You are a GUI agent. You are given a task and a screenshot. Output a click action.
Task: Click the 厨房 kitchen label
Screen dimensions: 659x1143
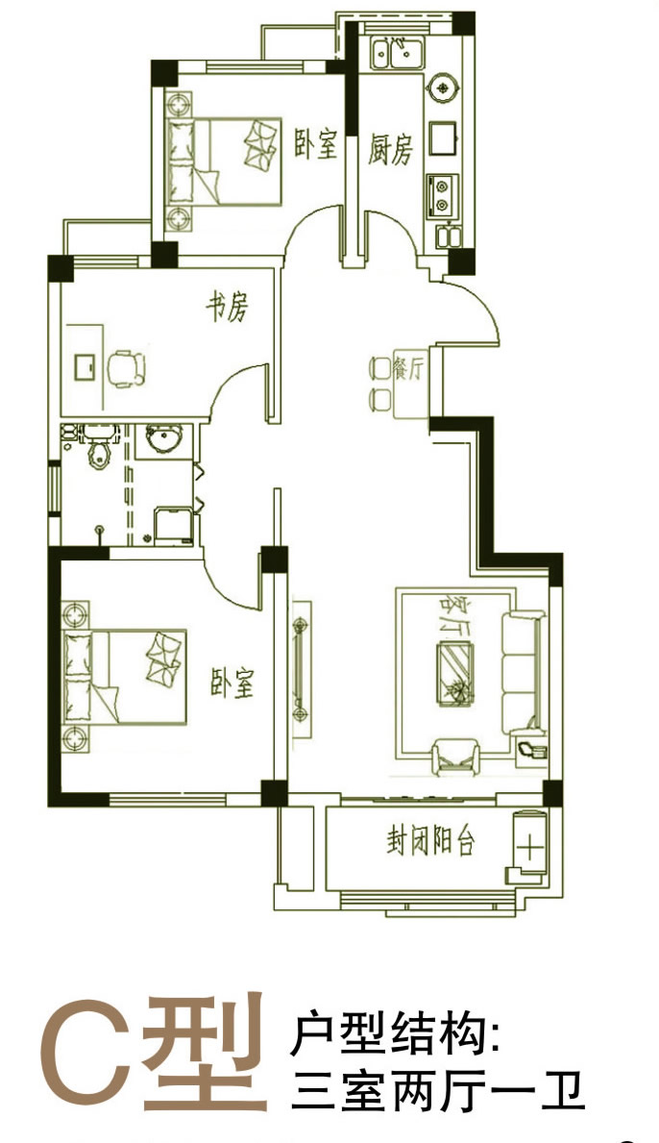pyautogui.click(x=390, y=150)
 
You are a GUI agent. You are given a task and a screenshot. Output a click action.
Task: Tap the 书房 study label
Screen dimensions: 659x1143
pyautogui.click(x=227, y=308)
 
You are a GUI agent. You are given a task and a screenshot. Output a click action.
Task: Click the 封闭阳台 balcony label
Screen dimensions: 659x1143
pyautogui.click(x=430, y=842)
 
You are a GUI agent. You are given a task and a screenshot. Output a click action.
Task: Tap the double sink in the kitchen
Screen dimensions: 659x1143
pyautogui.click(x=396, y=54)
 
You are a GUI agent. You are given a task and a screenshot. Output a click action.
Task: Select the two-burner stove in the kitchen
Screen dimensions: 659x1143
pyautogui.click(x=442, y=194)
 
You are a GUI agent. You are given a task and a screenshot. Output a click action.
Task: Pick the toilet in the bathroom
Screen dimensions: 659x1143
pyautogui.click(x=100, y=451)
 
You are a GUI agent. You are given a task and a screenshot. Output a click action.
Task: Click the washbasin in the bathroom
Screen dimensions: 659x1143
pyautogui.click(x=164, y=438)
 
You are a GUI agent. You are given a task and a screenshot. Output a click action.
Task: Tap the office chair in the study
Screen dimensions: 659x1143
pyautogui.click(x=127, y=368)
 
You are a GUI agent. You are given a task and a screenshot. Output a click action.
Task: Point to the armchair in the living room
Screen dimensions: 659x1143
pyautogui.click(x=455, y=756)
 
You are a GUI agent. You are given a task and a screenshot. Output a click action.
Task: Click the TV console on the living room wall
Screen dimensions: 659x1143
pyautogui.click(x=301, y=668)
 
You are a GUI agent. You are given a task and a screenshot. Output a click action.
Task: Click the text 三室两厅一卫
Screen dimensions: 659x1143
pyautogui.click(x=438, y=1092)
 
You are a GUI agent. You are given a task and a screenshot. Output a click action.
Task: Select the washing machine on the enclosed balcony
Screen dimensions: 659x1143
pyautogui.click(x=528, y=846)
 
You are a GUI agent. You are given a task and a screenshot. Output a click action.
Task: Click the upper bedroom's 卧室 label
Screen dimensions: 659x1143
pyautogui.click(x=316, y=143)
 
